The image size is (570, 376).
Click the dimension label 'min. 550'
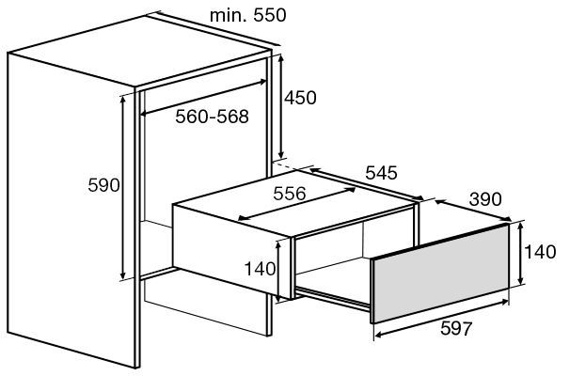248,15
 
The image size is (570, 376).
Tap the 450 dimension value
300,98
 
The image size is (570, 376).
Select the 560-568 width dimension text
212,117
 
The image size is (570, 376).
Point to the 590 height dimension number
103,185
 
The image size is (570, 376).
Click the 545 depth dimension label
381,173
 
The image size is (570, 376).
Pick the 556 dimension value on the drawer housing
290,194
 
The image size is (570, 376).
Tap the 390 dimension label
485,199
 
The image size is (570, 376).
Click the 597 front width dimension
456,328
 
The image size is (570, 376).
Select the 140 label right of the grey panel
540,252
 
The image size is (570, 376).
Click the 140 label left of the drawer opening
260,269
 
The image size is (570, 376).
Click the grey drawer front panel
440,274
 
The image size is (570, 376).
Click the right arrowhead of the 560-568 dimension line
263,82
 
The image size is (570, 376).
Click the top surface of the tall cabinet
140,51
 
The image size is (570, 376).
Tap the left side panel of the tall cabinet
71,210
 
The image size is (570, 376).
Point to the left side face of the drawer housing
231,251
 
